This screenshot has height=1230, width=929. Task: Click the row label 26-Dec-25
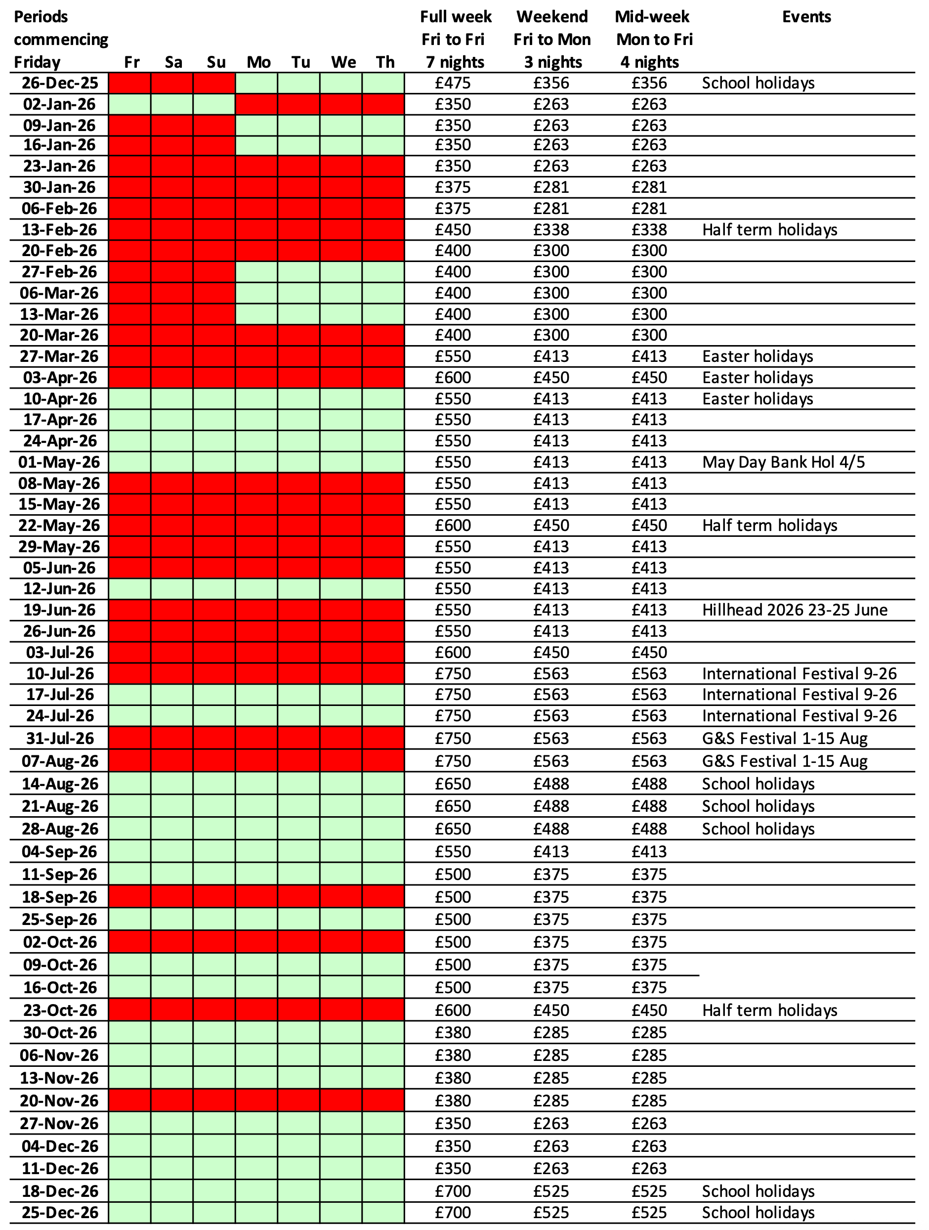tap(59, 83)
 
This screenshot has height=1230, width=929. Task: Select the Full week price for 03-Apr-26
tap(453, 378)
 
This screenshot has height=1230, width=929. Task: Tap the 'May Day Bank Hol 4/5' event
tap(783, 462)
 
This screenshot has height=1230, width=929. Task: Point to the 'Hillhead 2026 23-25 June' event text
tap(795, 610)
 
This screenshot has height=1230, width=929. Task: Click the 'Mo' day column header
tap(258, 62)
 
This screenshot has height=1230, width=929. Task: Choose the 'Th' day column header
tap(385, 62)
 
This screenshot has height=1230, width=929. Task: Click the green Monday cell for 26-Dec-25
tap(256, 83)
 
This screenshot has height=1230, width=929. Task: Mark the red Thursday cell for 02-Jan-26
tap(383, 104)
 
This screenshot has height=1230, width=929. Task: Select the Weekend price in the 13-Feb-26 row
tap(551, 230)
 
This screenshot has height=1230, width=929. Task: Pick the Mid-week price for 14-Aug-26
tap(649, 784)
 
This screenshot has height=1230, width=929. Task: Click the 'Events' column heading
tap(806, 17)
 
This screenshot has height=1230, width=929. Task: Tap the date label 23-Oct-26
tap(59, 1010)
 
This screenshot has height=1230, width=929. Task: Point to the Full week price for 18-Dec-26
tap(453, 1191)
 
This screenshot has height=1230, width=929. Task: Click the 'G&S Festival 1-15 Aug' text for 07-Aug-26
tap(784, 761)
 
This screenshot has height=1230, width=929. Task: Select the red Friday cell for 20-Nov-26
tap(129, 1100)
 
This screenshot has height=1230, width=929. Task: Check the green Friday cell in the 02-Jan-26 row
tap(129, 104)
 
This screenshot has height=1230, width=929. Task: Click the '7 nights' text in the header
tap(455, 62)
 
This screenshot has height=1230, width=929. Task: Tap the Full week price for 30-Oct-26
tap(453, 1033)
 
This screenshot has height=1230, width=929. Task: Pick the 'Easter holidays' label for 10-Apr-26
tap(757, 398)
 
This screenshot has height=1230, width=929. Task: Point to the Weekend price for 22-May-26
tap(551, 526)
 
